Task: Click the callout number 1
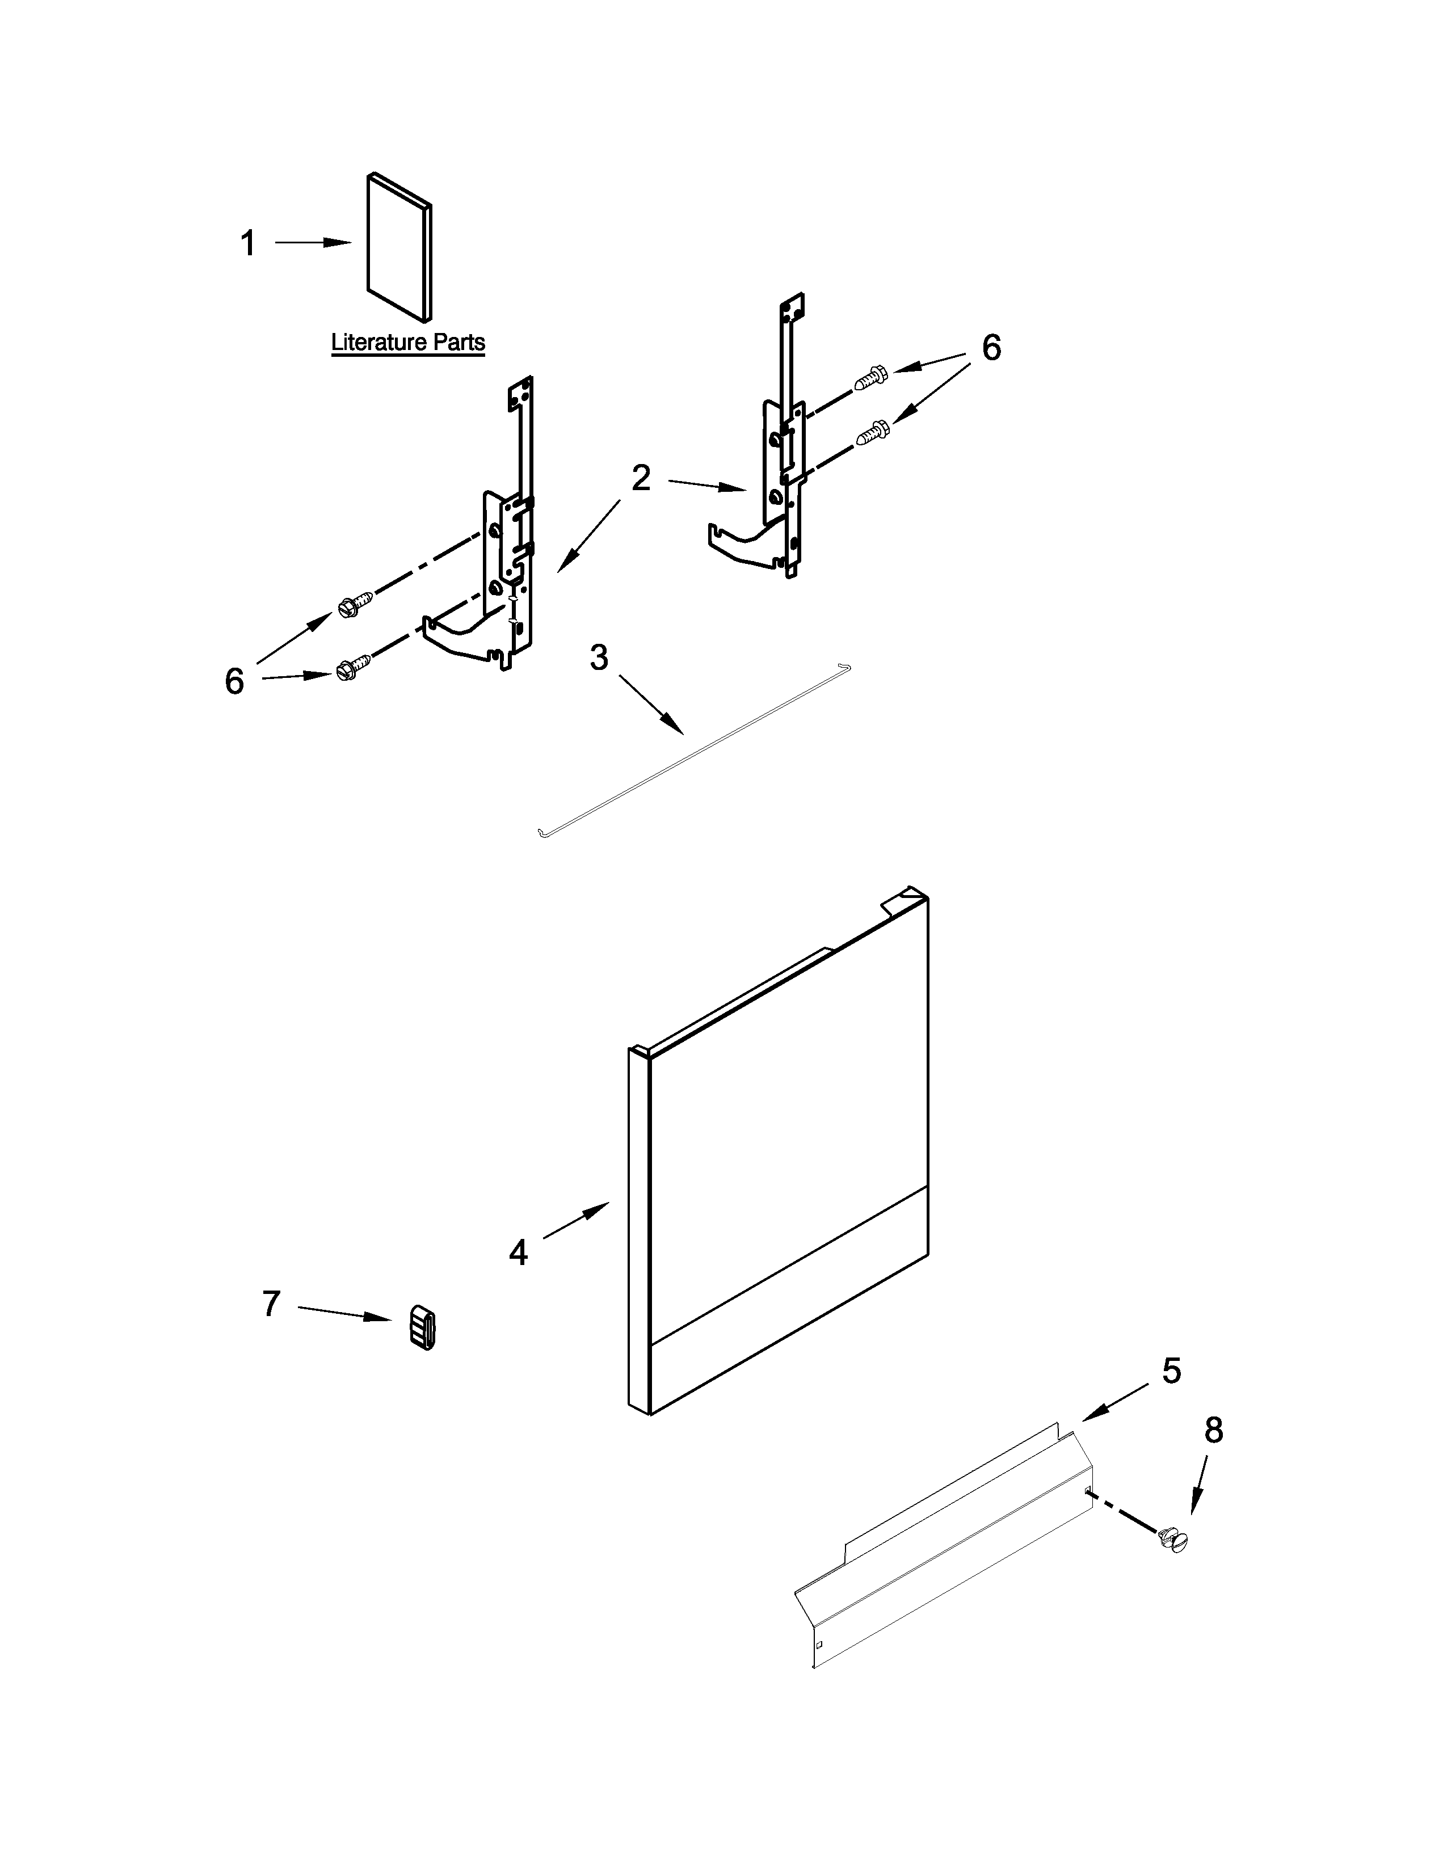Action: coord(249,244)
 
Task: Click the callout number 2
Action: coord(641,478)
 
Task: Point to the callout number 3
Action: coord(599,657)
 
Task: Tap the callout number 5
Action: coord(1171,1371)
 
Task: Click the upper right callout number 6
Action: coord(991,347)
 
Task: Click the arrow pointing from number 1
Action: coord(314,243)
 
